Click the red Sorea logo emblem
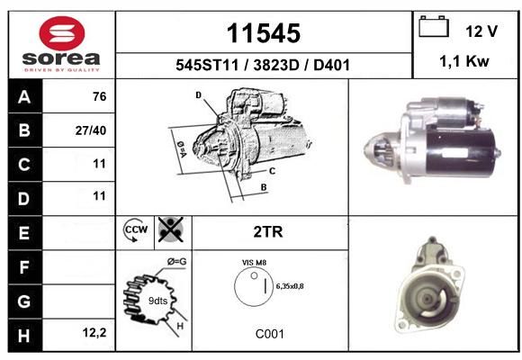(x=62, y=33)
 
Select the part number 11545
(x=264, y=33)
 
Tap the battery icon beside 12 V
(x=434, y=26)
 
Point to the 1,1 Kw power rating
(x=464, y=61)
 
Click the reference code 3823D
(x=276, y=65)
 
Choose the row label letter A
(x=24, y=97)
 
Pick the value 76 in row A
(x=100, y=96)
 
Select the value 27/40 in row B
(x=91, y=130)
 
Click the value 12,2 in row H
(x=94, y=332)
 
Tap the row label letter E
(x=24, y=232)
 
